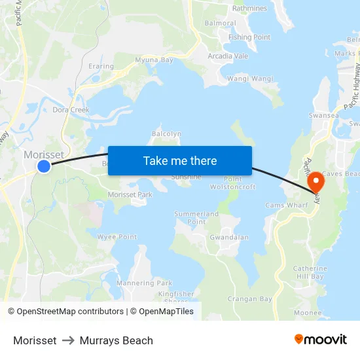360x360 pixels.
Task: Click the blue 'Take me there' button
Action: [179, 160]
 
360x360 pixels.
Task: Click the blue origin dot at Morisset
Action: [44, 166]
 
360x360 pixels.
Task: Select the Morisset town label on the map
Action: [44, 155]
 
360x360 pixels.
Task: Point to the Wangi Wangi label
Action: [249, 79]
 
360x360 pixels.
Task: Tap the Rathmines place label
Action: [250, 9]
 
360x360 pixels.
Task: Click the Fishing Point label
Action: [249, 37]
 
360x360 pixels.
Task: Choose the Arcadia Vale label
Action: [228, 56]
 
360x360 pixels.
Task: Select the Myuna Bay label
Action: [154, 60]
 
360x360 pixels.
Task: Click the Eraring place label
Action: [101, 66]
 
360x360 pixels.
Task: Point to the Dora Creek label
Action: [71, 110]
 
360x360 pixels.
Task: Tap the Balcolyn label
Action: [166, 134]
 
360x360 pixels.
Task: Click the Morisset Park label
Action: [130, 195]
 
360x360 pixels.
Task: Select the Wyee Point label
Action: [117, 237]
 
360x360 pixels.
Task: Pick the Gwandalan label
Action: [228, 238]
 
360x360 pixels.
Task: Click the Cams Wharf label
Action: [286, 206]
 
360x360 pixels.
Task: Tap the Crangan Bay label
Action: [249, 299]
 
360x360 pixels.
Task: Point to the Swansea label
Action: [324, 115]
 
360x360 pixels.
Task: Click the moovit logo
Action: [320, 340]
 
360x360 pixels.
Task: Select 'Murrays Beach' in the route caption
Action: [117, 340]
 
